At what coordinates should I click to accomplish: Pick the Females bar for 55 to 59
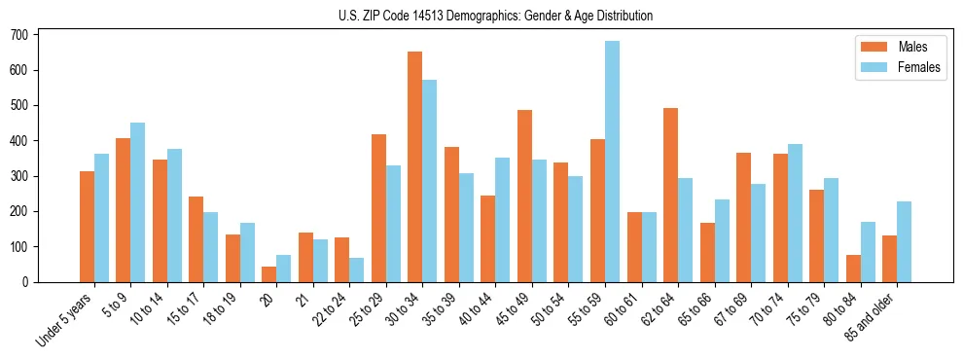pyautogui.click(x=612, y=162)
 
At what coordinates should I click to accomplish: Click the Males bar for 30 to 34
pyautogui.click(x=415, y=166)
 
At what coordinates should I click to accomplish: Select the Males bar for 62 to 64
pyautogui.click(x=670, y=195)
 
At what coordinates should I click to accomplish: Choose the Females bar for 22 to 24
pyautogui.click(x=357, y=270)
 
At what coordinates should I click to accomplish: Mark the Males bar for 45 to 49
pyautogui.click(x=524, y=196)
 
